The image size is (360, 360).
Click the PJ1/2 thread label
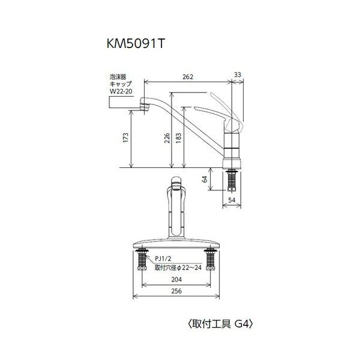162,259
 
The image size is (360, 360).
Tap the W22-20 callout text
119,92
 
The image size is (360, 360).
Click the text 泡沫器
118,77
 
